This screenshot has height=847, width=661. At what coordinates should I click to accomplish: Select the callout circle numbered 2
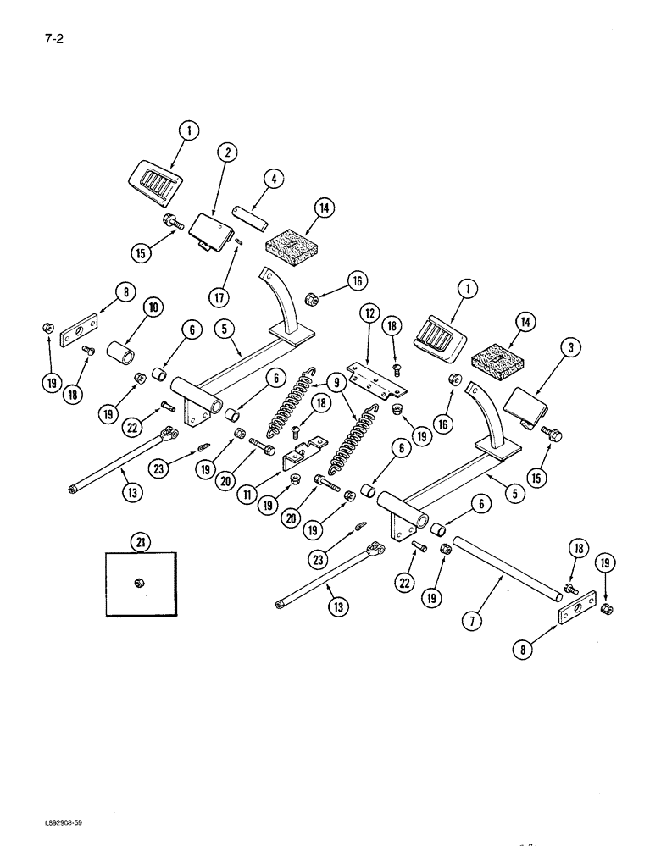pyautogui.click(x=225, y=152)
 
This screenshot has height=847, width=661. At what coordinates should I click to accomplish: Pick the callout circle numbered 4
pyautogui.click(x=274, y=179)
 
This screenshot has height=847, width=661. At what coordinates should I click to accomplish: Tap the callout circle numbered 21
pyautogui.click(x=140, y=541)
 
